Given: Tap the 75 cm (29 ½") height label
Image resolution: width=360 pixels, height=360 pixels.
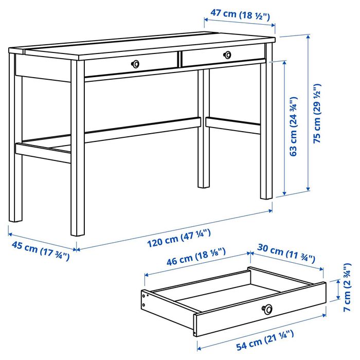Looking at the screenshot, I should (317, 113).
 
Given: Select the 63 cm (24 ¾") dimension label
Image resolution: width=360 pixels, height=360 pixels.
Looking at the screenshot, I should (294, 126).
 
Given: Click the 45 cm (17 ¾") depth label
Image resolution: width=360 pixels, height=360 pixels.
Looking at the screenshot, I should (39, 251).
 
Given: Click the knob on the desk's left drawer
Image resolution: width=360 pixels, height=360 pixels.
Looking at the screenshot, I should (136, 63).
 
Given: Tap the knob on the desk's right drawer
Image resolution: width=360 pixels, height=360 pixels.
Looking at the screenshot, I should (227, 54).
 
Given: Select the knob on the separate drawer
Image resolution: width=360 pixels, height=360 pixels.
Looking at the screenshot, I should (267, 309).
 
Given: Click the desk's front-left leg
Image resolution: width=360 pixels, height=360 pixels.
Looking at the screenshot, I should (77, 154).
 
